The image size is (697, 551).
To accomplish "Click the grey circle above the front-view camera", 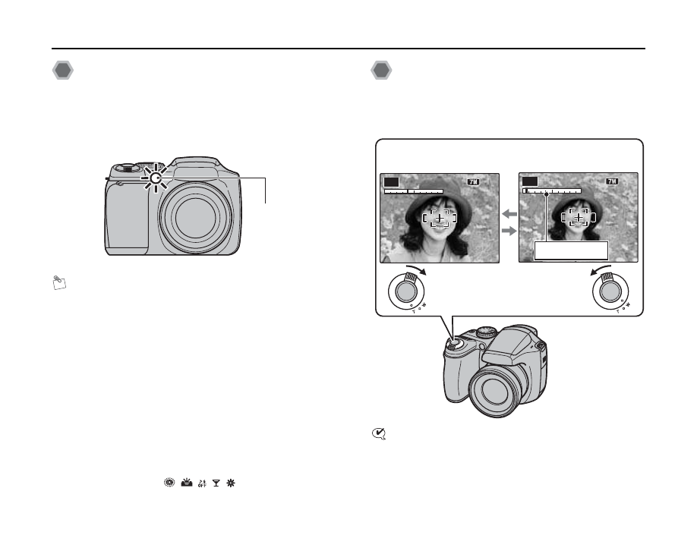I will point(63,71).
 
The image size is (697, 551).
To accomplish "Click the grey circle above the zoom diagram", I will point(381,71).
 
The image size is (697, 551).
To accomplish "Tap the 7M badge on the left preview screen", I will point(475,182).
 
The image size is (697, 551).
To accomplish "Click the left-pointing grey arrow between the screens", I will point(509,216).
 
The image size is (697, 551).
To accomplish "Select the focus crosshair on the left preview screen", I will point(440,218).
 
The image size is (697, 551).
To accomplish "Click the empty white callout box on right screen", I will point(572,250).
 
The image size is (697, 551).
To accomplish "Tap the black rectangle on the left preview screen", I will point(391,181).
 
